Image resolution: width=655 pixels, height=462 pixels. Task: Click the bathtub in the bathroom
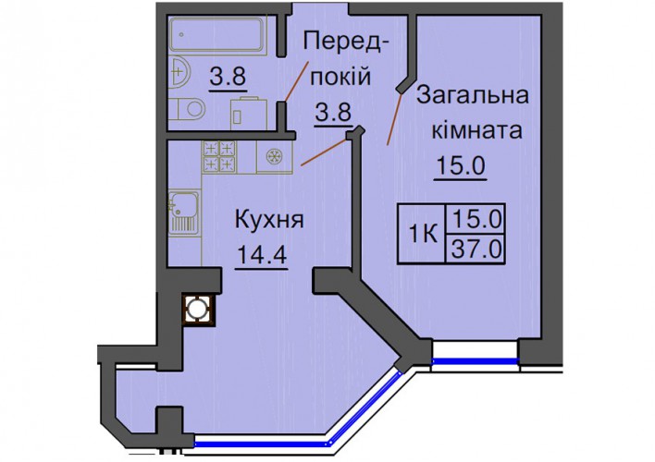(x=217, y=34)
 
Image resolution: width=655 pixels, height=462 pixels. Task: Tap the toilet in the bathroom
(x=190, y=109)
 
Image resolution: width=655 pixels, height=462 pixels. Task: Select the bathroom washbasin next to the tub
(x=180, y=72)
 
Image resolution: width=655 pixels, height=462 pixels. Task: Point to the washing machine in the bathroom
(x=250, y=113)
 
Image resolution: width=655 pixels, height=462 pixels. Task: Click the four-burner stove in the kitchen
(x=219, y=157)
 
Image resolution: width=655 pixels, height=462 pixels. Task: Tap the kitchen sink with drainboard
(x=184, y=212)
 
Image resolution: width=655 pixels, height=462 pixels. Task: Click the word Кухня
(x=270, y=220)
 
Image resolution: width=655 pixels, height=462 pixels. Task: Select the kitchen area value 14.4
(x=262, y=254)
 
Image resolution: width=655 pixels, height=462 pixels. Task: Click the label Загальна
(x=473, y=96)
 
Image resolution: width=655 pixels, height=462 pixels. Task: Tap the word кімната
(x=476, y=129)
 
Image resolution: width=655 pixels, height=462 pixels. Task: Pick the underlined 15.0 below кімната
(x=461, y=165)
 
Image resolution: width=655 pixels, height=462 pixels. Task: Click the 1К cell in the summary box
(x=422, y=233)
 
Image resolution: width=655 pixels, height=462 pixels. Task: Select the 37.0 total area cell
(x=476, y=250)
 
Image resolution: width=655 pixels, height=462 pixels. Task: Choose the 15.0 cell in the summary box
(x=476, y=220)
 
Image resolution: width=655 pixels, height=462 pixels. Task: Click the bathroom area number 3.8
(x=229, y=77)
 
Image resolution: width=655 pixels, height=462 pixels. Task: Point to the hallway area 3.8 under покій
(x=334, y=112)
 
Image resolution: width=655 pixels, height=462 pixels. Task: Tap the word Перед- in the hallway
(x=342, y=42)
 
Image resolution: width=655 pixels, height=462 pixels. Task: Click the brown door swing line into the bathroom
(x=297, y=81)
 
